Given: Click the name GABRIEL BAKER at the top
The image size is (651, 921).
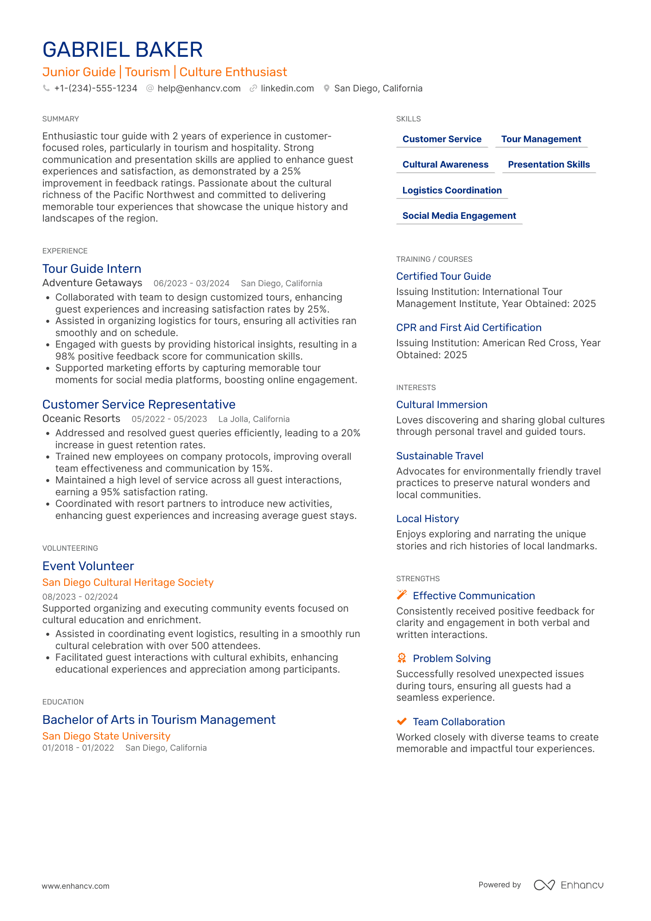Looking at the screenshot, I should point(122,50).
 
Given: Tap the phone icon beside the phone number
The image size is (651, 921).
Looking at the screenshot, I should point(46,88).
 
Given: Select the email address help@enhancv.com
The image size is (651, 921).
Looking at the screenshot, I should point(199,88).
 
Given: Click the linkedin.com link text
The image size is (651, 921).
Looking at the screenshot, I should point(287,88).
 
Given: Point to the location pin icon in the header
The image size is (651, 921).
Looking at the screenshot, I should point(326,88).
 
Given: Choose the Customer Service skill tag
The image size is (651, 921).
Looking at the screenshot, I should point(442,139).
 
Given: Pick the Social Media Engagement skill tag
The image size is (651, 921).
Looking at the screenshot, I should point(459,216).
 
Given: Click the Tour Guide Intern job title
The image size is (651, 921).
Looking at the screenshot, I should point(92,269).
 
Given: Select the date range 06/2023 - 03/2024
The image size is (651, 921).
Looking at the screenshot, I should point(192,283).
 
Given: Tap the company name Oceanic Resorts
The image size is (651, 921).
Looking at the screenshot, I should point(81,419).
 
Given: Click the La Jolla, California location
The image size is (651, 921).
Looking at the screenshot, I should point(254,419).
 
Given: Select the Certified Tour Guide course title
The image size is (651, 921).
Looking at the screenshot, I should point(443,276).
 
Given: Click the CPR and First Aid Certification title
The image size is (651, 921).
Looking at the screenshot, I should point(469,327).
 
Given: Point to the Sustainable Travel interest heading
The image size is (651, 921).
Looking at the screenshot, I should point(440,456).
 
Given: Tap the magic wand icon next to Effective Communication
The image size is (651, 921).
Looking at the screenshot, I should point(402,595).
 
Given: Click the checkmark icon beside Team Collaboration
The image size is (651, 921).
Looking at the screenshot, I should point(402,721).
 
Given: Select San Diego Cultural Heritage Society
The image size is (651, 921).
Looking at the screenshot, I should point(128,583).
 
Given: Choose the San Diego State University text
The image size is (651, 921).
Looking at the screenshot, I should point(106,736).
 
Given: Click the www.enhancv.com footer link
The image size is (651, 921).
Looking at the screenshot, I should point(76,886).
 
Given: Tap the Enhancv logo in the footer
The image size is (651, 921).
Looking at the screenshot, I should point(568,885).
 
